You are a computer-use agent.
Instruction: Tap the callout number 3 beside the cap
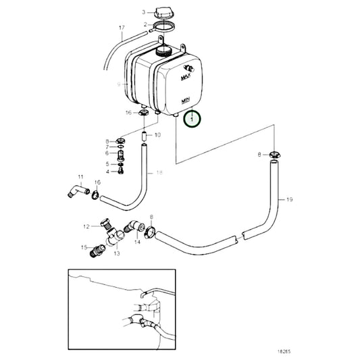[143, 12]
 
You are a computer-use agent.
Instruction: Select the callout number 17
[122, 28]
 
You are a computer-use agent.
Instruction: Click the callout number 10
[157, 135]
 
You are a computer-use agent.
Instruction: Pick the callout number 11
[80, 178]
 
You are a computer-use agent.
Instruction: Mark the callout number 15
[85, 247]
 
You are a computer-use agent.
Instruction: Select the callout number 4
[106, 172]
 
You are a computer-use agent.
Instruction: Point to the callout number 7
[106, 147]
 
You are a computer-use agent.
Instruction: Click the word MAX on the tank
[184, 78]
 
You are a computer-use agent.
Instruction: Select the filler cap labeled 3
[164, 11]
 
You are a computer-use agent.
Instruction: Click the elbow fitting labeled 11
[75, 192]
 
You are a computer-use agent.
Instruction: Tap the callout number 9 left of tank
[118, 84]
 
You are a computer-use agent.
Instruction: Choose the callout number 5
[106, 163]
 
